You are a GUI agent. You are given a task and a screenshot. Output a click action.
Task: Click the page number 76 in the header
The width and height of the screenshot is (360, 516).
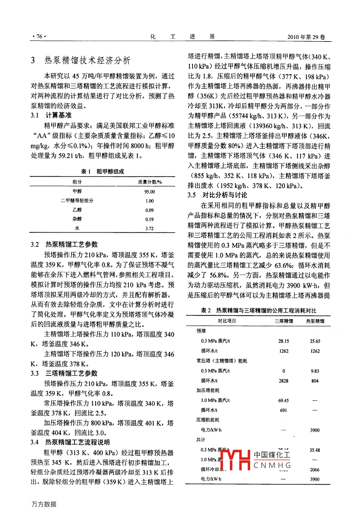coord(39,36)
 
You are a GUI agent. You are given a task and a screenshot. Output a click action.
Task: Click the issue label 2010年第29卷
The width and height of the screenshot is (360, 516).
coord(306,37)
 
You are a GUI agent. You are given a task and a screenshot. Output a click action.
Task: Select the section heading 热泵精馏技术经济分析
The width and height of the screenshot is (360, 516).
coord(87,60)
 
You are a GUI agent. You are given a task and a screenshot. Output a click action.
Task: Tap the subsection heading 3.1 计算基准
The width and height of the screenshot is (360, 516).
coord(51,115)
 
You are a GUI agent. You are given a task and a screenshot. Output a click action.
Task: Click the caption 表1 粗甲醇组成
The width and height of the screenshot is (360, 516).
coord(103,172)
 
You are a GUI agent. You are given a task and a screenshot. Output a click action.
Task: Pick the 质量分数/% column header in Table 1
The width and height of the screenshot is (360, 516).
coord(150,182)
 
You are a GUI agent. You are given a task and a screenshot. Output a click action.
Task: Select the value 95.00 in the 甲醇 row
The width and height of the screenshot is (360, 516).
coord(150,192)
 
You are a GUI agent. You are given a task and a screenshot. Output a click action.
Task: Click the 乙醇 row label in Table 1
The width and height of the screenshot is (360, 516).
coord(77,210)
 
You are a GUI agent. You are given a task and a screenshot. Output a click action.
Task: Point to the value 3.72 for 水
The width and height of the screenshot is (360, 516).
coord(150,228)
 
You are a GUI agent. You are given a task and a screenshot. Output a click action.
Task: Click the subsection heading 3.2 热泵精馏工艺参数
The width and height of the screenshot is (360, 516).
coord(64,244)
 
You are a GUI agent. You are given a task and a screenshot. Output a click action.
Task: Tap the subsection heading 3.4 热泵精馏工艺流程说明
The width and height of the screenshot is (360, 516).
coord(70,442)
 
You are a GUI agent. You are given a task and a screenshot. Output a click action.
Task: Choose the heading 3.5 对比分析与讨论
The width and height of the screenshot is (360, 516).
coord(217,195)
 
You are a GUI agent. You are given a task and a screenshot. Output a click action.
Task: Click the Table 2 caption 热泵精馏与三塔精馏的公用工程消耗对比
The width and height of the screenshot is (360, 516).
coord(258,310)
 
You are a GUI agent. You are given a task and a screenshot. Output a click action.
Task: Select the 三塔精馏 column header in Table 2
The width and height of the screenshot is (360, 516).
coord(284,321)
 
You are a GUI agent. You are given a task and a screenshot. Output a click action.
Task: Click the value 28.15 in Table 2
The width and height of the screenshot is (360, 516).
coord(284,341)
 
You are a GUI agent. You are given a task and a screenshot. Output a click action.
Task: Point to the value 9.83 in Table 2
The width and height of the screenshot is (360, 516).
coord(315,371)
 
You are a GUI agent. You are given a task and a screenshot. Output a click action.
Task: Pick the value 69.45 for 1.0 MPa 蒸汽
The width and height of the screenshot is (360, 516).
coord(284,401)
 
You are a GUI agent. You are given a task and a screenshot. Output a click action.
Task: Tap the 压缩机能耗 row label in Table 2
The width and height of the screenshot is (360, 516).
coord(208,420)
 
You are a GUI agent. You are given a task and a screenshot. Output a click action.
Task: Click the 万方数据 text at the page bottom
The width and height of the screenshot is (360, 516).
coord(44,504)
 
